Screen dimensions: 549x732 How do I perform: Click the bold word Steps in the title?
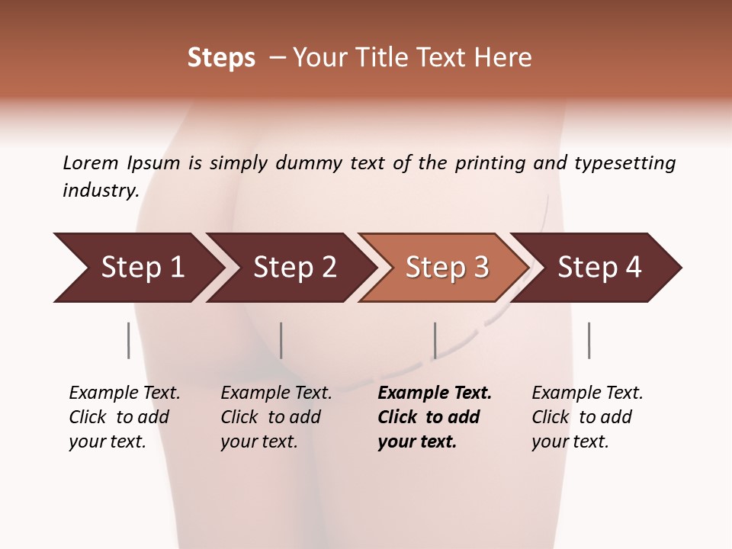point(221,58)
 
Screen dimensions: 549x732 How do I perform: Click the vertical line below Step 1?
point(129,340)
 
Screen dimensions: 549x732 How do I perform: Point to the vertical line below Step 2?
point(281,340)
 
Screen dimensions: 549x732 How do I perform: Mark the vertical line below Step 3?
point(435,340)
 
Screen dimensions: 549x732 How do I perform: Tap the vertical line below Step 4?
point(589,340)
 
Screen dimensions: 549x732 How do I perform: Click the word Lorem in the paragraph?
point(91,163)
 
